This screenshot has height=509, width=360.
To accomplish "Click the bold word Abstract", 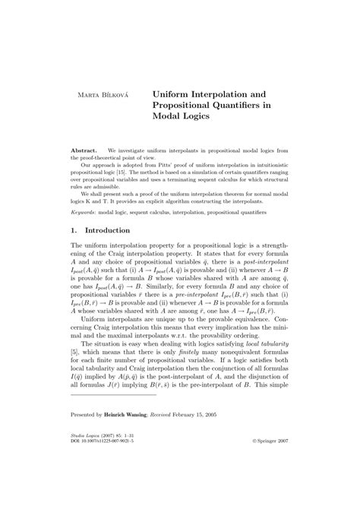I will (85, 152).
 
